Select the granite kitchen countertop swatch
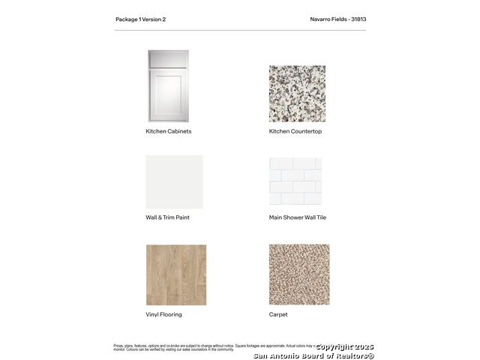[x=297, y=93]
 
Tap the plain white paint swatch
[x=174, y=181]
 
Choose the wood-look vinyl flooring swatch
[x=175, y=274]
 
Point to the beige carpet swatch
[x=298, y=274]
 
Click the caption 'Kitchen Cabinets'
[x=168, y=131]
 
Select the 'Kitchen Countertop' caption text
[x=295, y=131]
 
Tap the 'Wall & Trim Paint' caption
[x=167, y=217]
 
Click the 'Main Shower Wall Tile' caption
[x=298, y=217]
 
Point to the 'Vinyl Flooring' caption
[x=163, y=314]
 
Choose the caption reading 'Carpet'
[x=278, y=314]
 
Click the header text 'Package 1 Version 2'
[x=140, y=19]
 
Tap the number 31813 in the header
[x=358, y=19]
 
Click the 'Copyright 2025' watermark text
[x=344, y=346]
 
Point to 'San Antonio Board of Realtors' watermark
[x=313, y=355]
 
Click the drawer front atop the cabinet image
[x=168, y=59]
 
